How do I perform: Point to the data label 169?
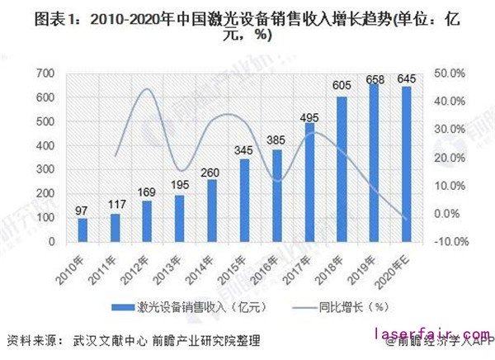(147, 194)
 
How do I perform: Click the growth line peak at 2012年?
(147, 88)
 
